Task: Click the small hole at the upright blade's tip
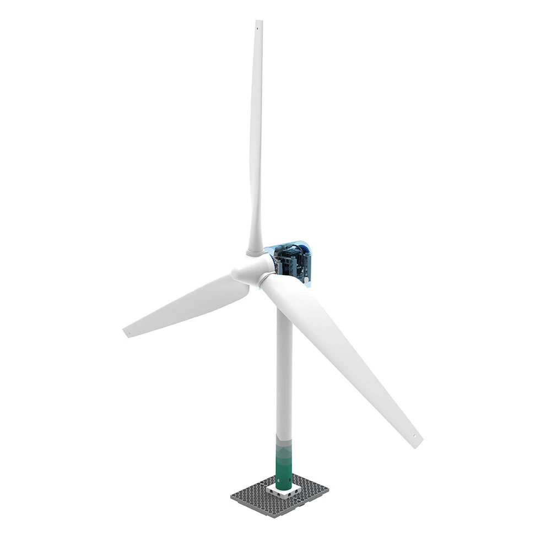coord(257,24)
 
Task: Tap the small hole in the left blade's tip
coord(128,332)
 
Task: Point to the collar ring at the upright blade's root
coord(255,252)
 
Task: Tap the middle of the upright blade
coord(256,138)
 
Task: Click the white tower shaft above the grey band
coord(284,375)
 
